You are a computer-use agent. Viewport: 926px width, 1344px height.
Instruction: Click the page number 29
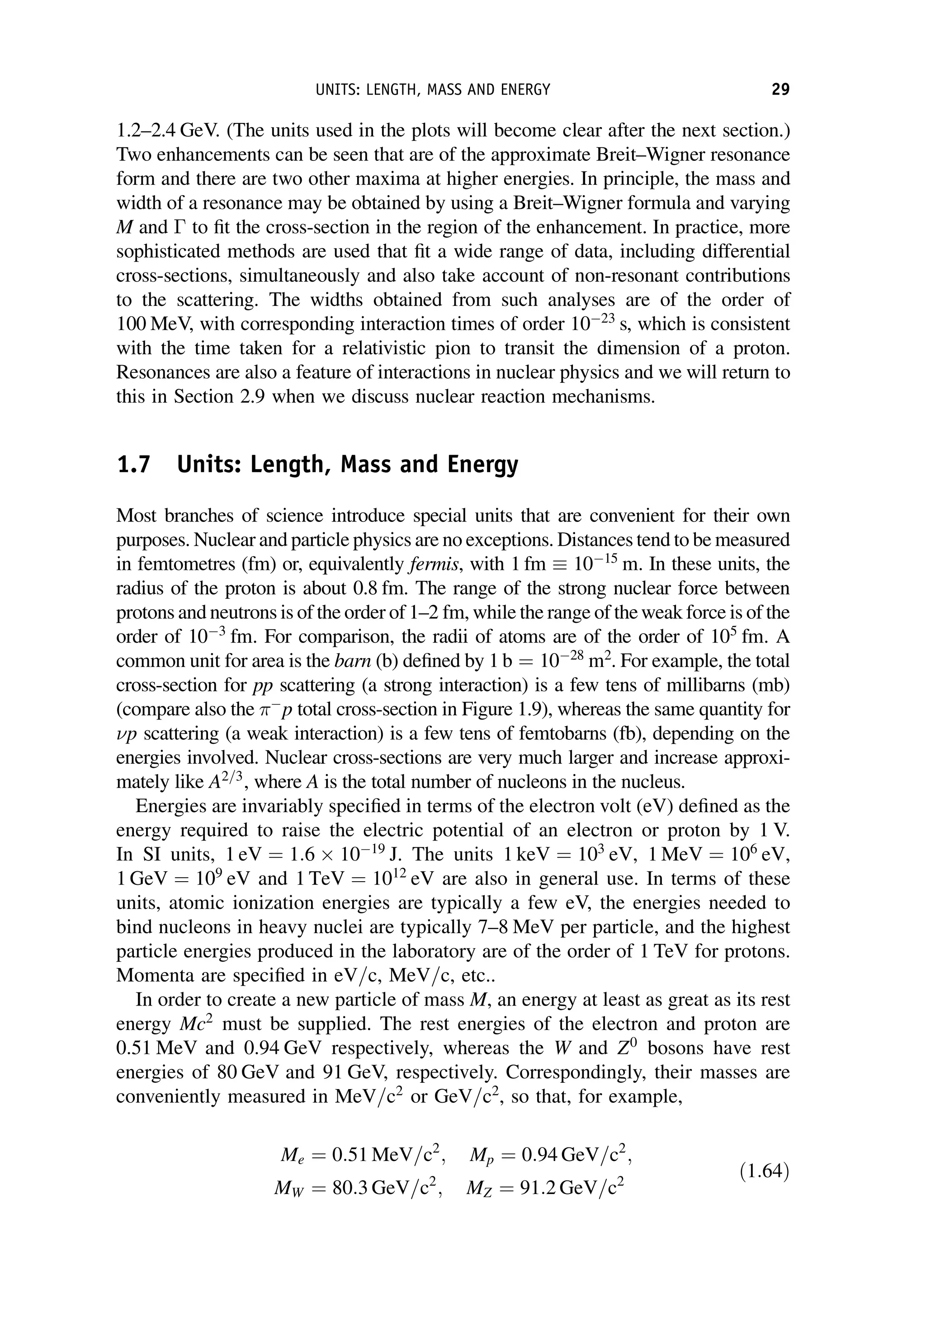[780, 90]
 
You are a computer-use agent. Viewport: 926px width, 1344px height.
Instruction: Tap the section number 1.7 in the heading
[133, 465]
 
